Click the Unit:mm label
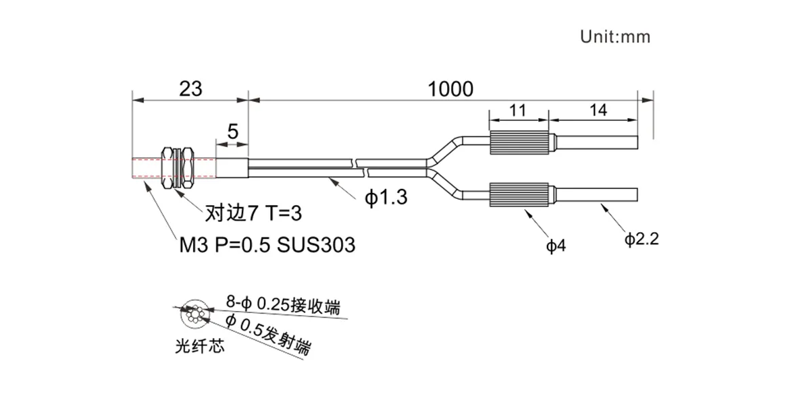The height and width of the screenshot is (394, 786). click(615, 37)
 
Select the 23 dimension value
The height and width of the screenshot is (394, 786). click(190, 88)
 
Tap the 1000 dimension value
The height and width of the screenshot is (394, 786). click(450, 88)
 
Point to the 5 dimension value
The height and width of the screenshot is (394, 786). click(233, 132)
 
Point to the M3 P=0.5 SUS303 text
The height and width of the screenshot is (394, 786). click(266, 245)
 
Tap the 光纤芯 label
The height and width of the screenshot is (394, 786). click(198, 347)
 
